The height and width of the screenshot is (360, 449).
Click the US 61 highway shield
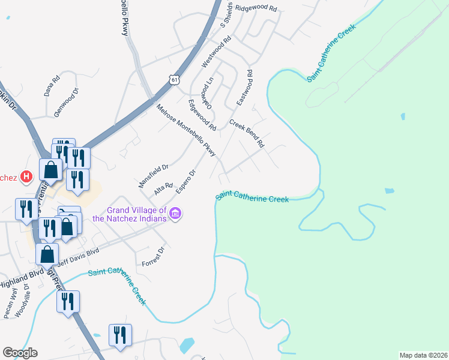tap(174, 80)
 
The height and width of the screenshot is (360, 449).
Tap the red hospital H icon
tap(26, 176)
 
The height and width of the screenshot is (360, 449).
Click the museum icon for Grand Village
tap(175, 213)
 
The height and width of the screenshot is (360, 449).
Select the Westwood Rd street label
tap(217, 52)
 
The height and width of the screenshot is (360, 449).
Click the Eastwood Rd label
tap(244, 88)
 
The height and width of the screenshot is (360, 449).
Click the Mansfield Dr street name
tap(154, 176)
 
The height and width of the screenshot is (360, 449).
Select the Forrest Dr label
tap(153, 257)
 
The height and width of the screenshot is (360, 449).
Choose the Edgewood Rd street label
tap(202, 115)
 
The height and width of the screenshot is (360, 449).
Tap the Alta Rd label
tap(163, 190)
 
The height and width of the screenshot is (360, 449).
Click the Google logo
tap(20, 353)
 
